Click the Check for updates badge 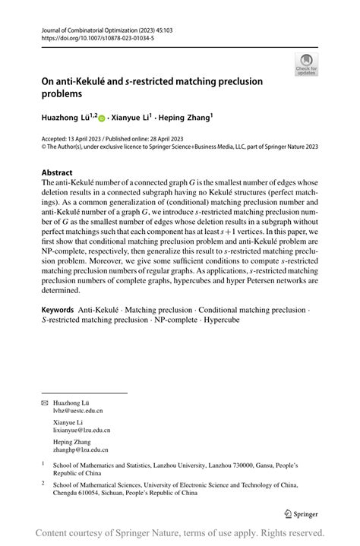point(307,65)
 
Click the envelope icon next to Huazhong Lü point(44,400)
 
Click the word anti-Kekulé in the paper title point(90,82)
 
